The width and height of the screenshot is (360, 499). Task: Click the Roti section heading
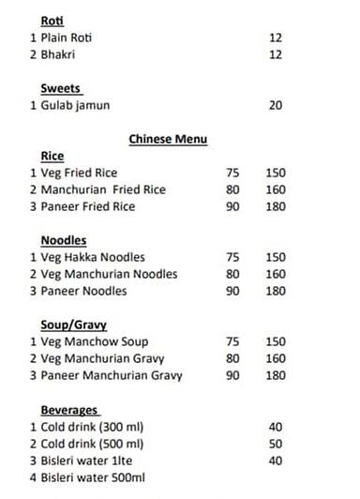pyautogui.click(x=52, y=20)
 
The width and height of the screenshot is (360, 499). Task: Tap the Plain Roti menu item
pyautogui.click(x=67, y=38)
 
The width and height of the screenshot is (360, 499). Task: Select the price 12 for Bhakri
pyautogui.click(x=275, y=55)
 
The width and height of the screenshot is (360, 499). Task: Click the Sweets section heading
pyautogui.click(x=61, y=88)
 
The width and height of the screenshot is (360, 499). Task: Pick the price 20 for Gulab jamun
pyautogui.click(x=275, y=105)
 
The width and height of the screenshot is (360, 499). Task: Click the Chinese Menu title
pyautogui.click(x=167, y=139)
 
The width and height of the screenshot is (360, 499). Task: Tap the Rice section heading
pyautogui.click(x=52, y=156)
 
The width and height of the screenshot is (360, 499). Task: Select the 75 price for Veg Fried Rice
pyautogui.click(x=233, y=173)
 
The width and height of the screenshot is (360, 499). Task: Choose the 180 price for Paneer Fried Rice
pyautogui.click(x=275, y=206)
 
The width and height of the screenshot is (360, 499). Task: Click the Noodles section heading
pyautogui.click(x=65, y=240)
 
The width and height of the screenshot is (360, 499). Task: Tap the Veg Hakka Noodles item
pyautogui.click(x=93, y=257)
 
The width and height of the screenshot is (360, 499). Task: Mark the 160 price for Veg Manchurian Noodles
pyautogui.click(x=275, y=274)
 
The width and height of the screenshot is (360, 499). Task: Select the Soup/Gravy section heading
pyautogui.click(x=73, y=325)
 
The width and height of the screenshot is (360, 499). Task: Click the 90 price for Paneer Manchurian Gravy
pyautogui.click(x=233, y=375)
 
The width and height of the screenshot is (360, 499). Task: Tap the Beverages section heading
pyautogui.click(x=69, y=410)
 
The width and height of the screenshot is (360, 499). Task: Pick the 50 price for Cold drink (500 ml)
pyautogui.click(x=275, y=444)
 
